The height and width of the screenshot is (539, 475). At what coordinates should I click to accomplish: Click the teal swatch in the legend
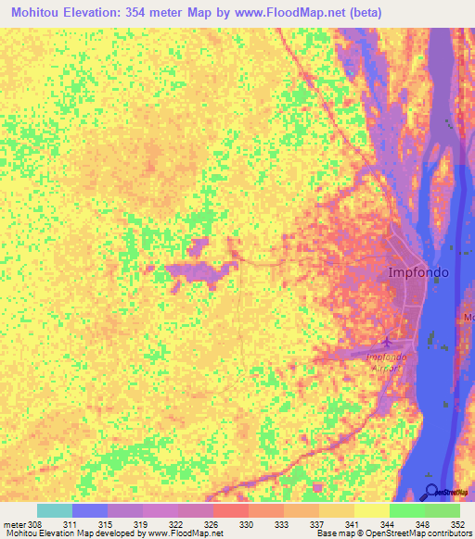tap(55, 510)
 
